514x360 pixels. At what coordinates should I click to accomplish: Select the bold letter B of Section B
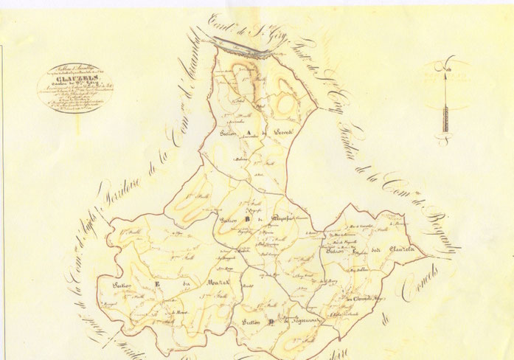click(249, 219)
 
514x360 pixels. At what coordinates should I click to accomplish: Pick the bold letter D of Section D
click(271, 322)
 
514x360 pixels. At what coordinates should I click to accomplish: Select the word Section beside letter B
click(231, 221)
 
